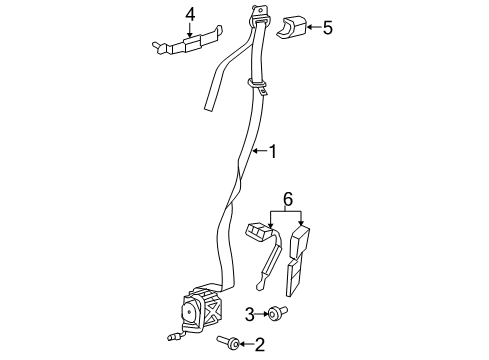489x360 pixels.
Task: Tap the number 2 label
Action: point(259,346)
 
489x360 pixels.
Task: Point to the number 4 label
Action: point(189,13)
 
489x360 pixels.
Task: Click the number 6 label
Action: point(288,200)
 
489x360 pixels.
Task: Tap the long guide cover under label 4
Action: point(184,44)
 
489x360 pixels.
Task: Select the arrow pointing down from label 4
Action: point(189,31)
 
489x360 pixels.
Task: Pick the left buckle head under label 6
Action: point(258,232)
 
